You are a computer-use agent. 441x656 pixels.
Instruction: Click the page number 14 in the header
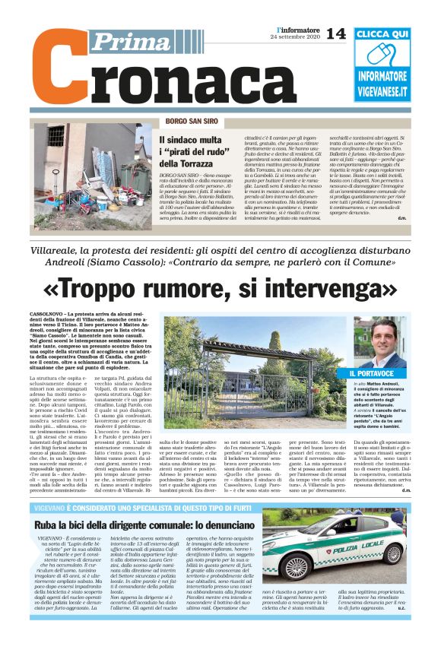point(335,33)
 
